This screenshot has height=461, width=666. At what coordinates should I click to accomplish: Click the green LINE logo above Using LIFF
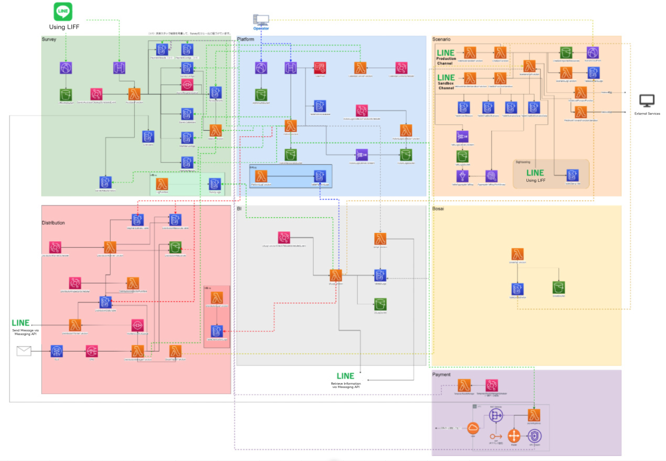63,12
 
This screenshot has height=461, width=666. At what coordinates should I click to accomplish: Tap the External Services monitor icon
647,101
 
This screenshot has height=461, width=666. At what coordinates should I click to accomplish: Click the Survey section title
49,40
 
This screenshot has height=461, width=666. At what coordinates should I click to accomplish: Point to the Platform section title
246,40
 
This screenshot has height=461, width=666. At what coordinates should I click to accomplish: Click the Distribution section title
53,223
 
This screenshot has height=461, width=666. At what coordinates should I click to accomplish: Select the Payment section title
441,375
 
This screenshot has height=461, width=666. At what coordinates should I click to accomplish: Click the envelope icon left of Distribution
24,351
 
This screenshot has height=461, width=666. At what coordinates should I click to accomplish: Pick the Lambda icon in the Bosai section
517,254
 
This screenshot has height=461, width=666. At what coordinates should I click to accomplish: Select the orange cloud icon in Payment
473,428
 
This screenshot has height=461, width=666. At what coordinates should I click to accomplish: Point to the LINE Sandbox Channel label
446,82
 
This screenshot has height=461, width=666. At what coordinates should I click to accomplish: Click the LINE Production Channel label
446,56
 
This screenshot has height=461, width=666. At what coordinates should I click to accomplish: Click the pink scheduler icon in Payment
491,385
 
